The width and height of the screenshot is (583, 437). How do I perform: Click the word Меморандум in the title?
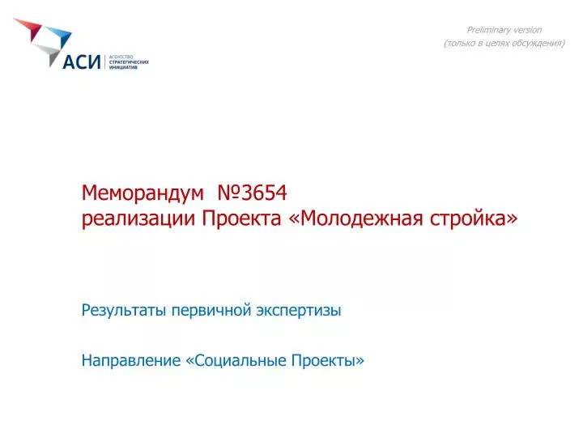(x=143, y=193)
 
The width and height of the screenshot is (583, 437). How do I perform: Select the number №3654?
(x=252, y=193)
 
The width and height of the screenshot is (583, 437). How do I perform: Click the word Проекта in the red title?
(x=241, y=218)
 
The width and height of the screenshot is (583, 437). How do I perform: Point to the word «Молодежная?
(x=355, y=218)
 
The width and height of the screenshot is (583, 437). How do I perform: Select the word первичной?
(x=211, y=311)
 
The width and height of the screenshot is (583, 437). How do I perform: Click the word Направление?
(x=131, y=360)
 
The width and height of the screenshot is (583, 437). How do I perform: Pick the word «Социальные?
(x=236, y=360)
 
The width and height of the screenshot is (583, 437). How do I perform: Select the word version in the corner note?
(x=527, y=31)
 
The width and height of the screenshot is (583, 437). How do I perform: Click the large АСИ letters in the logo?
(x=82, y=62)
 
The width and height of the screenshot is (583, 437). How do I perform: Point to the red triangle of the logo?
(x=29, y=28)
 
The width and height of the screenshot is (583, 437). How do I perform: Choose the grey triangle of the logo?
(x=49, y=54)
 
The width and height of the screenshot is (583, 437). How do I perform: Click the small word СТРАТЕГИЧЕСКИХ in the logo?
(x=129, y=62)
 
